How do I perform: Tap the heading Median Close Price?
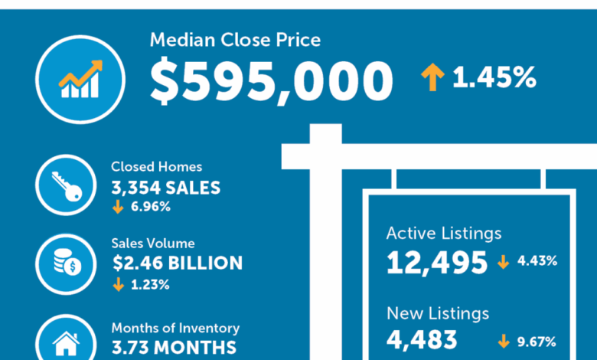[x=235, y=40]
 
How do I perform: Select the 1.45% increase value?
[x=494, y=77]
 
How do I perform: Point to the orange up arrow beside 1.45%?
[x=432, y=77]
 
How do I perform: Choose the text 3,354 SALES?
[x=165, y=187]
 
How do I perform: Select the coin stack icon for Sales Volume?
[x=67, y=263]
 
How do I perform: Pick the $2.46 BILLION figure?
[x=177, y=263]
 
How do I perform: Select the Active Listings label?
[x=444, y=233]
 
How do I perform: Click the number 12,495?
[x=437, y=263]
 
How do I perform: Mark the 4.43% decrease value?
[x=537, y=261]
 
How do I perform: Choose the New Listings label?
[x=437, y=313]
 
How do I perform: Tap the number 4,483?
[x=422, y=340]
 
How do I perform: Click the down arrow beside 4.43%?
[x=503, y=262]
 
